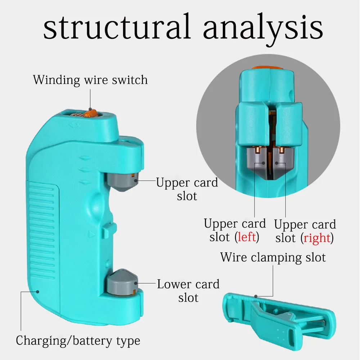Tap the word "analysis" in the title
tap(263, 27)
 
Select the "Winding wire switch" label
tap(90, 80)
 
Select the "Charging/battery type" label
tap(78, 340)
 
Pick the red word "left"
tap(247, 237)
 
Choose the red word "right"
tap(317, 238)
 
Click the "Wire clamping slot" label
tap(273, 257)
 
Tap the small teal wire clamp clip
tap(281, 317)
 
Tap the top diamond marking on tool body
tap(85, 157)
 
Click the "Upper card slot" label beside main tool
tap(187, 189)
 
